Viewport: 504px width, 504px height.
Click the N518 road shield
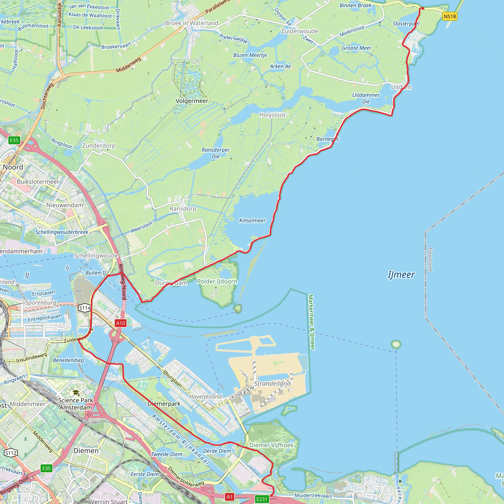pyautogui.click(x=450, y=16)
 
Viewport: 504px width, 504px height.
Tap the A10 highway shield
pyautogui.click(x=121, y=323)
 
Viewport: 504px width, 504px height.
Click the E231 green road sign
pyautogui.click(x=262, y=499)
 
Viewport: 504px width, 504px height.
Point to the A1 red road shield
pyautogui.click(x=229, y=497)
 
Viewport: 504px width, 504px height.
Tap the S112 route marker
pyautogui.click(x=11, y=453)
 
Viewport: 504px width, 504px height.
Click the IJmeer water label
pyautogui.click(x=401, y=275)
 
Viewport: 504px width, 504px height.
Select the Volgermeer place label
pyautogui.click(x=192, y=101)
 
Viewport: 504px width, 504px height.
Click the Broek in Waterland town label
pyautogui.click(x=192, y=23)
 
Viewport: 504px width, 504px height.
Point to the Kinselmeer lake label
pyautogui.click(x=252, y=221)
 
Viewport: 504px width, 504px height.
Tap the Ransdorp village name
pyautogui.click(x=183, y=209)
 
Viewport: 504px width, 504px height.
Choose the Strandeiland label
pyautogui.click(x=272, y=383)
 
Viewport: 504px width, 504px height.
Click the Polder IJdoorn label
pyautogui.click(x=217, y=282)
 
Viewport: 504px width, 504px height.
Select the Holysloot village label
pyautogui.click(x=272, y=115)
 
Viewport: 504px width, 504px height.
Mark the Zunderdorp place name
pyautogui.click(x=99, y=146)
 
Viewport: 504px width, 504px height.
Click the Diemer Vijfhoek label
pyautogui.click(x=271, y=445)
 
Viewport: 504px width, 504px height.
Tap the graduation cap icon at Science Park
pyautogui.click(x=76, y=393)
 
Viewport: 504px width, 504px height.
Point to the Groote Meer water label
pyautogui.click(x=356, y=48)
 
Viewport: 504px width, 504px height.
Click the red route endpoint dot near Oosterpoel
pyautogui.click(x=422, y=9)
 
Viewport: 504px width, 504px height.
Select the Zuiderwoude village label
pyautogui.click(x=299, y=31)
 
